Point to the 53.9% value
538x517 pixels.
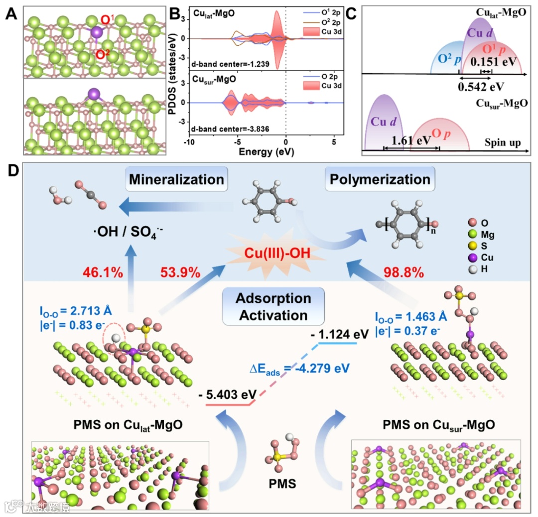click(x=180, y=272)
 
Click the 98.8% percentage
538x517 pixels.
click(x=403, y=272)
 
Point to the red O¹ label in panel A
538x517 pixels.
click(x=107, y=20)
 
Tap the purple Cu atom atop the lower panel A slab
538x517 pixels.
click(x=94, y=94)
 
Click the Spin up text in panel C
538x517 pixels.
click(x=502, y=142)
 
